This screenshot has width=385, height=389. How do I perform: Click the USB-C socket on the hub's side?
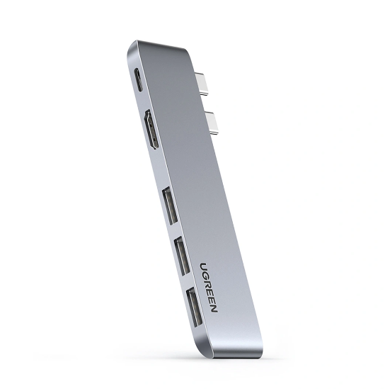point(139,80)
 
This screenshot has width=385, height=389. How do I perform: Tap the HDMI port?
point(151,129)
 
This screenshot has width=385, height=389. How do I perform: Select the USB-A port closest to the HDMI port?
point(170,206)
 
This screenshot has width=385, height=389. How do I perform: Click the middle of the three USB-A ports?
point(182,256)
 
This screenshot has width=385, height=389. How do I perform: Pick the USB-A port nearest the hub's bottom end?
point(194,306)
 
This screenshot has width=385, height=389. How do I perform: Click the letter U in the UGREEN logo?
point(204,266)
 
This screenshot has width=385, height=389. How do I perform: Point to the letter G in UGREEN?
point(206,276)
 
